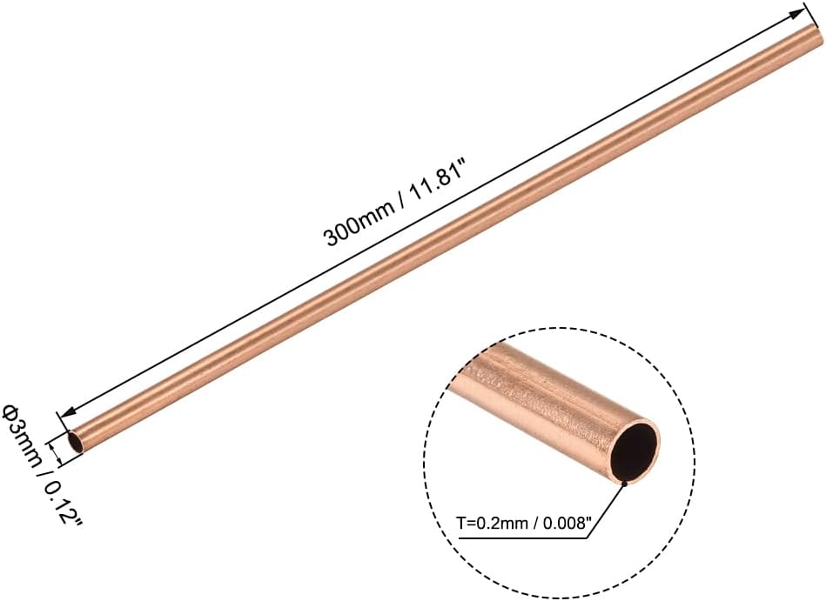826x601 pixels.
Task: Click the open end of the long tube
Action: point(77,443)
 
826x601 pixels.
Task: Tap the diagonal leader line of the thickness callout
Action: point(608,508)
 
